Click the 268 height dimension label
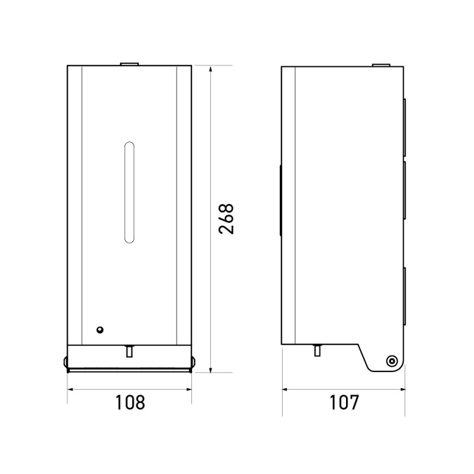(x=226, y=219)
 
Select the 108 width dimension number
(x=130, y=402)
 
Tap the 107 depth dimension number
(x=344, y=402)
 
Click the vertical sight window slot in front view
(x=129, y=192)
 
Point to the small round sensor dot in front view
(x=100, y=330)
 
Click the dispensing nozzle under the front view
(x=129, y=351)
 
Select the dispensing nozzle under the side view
(x=318, y=350)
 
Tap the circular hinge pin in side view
(x=392, y=361)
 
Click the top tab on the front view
(x=129, y=64)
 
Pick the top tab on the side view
(x=381, y=65)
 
